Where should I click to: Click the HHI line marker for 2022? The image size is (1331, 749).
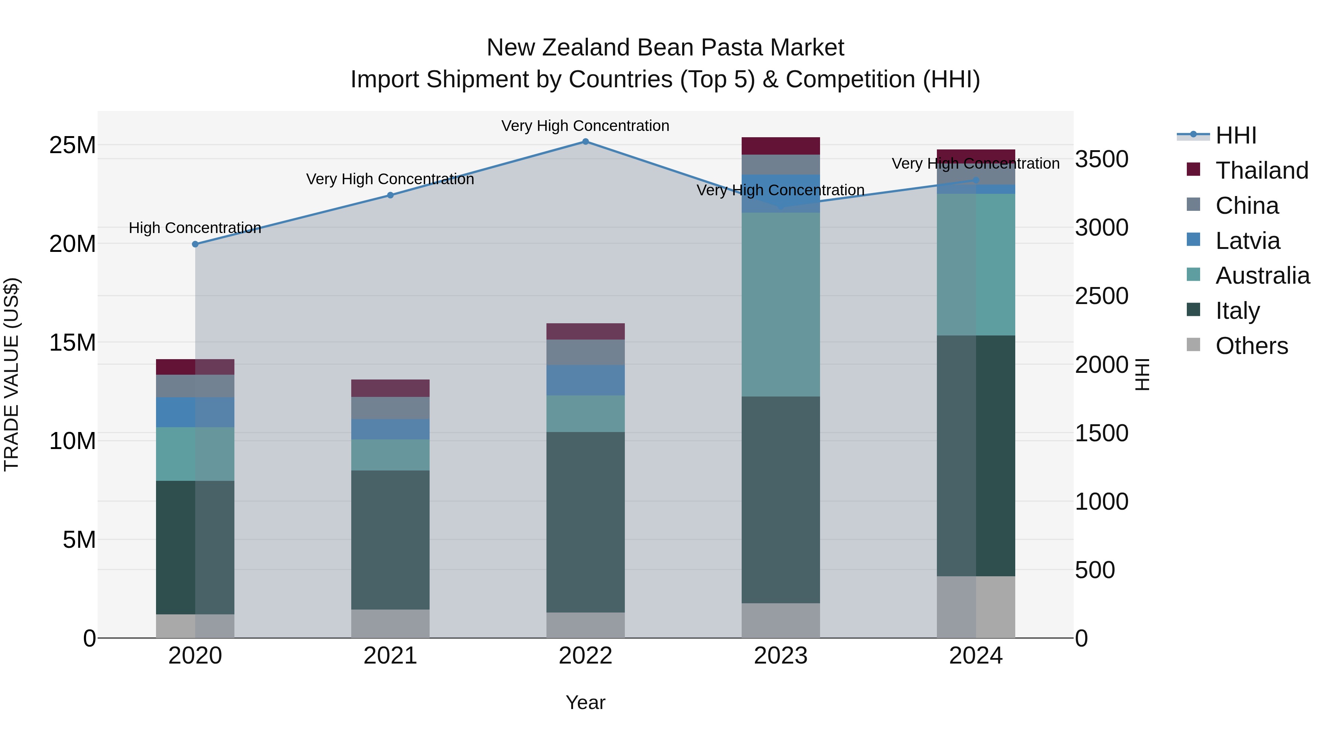point(585,142)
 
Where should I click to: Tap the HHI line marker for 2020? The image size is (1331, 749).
point(195,244)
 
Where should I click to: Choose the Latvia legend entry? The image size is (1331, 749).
point(1247,241)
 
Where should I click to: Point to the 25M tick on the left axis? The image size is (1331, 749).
point(72,145)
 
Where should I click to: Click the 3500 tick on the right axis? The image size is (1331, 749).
point(1102,159)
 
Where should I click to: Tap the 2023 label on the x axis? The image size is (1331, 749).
point(781,656)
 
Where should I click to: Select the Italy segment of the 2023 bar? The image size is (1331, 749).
point(781,499)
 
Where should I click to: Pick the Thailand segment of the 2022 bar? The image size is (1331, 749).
point(585,331)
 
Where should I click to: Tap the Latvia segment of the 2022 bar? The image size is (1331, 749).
point(585,381)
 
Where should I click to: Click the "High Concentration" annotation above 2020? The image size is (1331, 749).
point(195,228)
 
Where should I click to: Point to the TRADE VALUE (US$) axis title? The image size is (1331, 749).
point(12,374)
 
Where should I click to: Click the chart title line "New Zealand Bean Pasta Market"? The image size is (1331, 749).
point(665,48)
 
